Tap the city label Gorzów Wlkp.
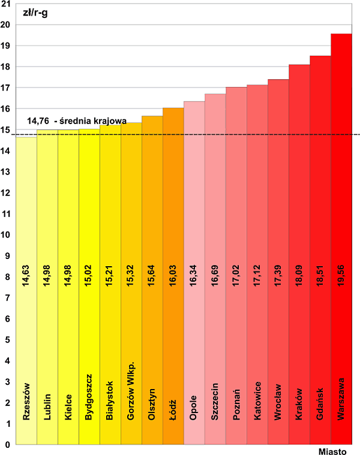pyautogui.click(x=131, y=391)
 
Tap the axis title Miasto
pyautogui.click(x=331, y=450)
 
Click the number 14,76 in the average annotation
pyautogui.click(x=38, y=121)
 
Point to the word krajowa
pyautogui.click(x=109, y=121)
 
